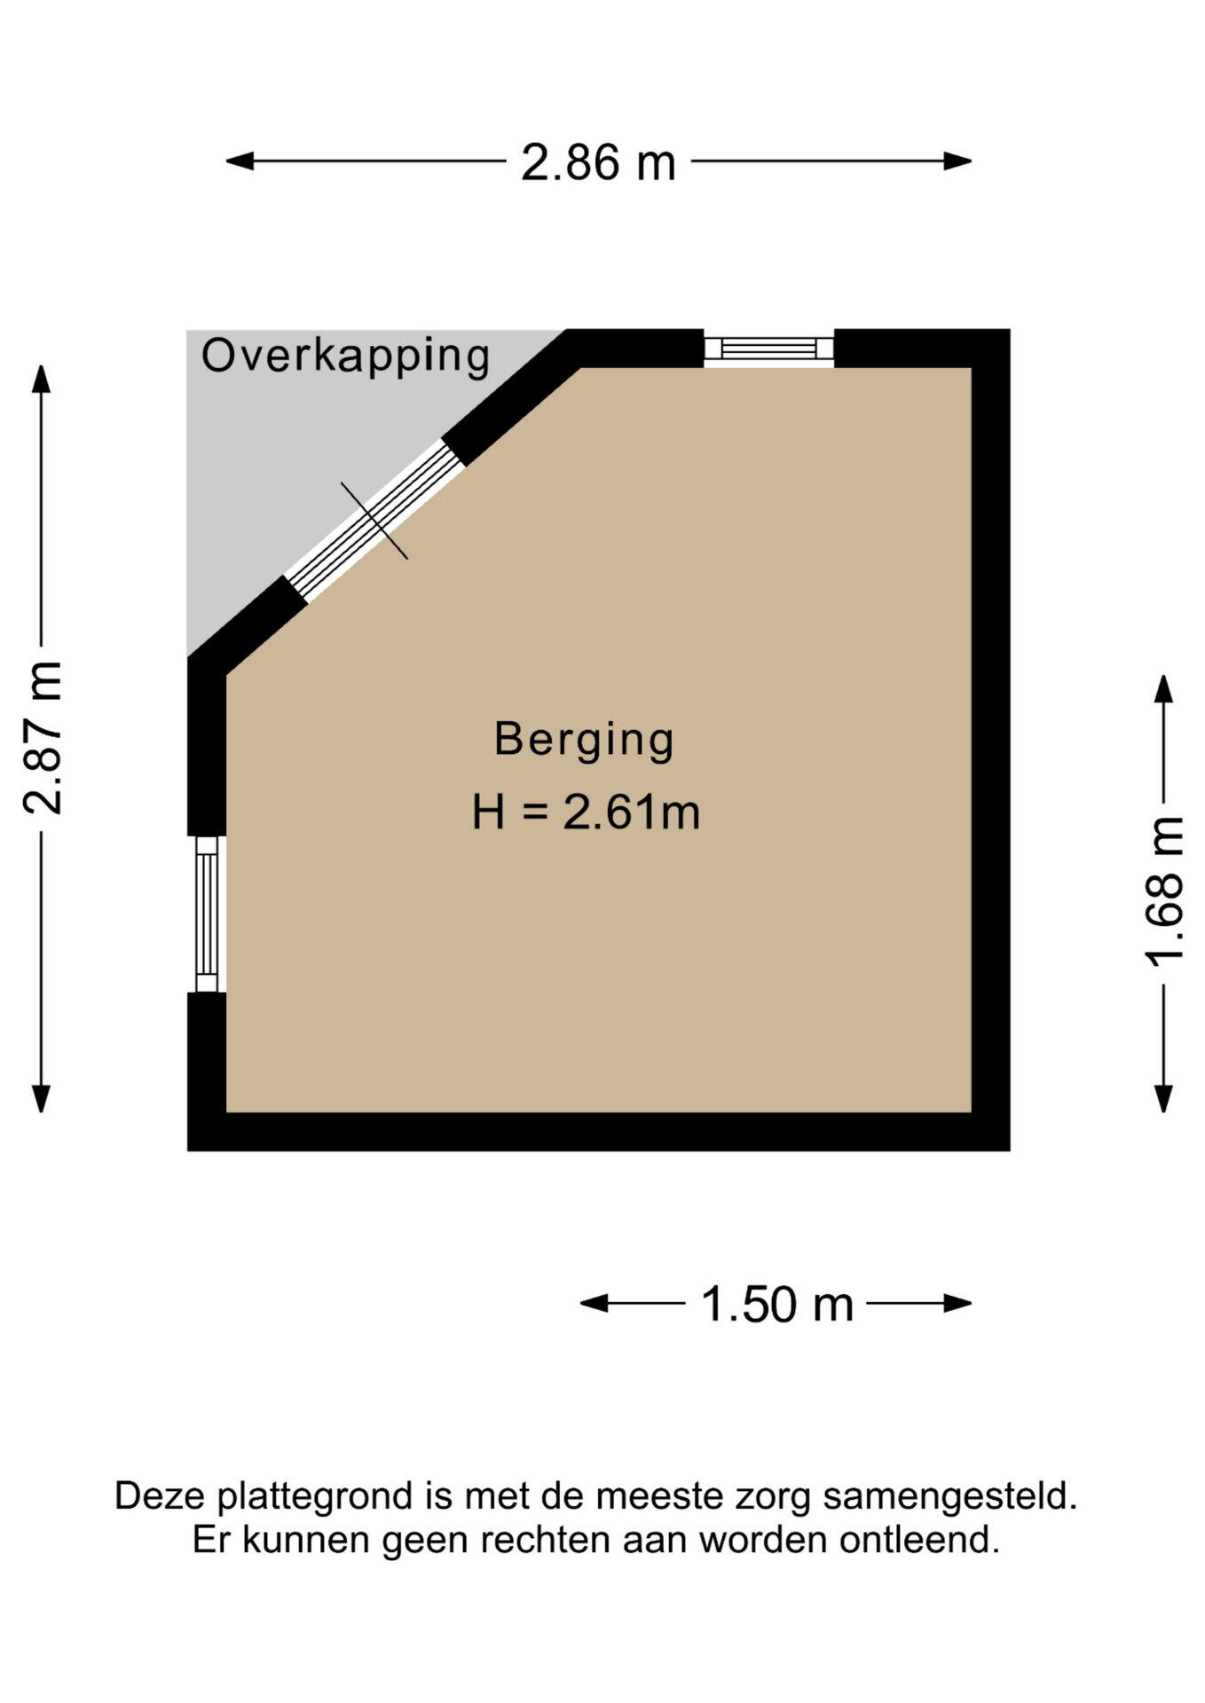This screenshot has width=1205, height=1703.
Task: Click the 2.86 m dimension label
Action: tap(598, 163)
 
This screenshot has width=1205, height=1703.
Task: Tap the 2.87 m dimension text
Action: tap(43, 737)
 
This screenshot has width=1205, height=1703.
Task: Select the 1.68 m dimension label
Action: tap(1164, 891)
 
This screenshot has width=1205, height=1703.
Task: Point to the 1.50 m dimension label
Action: tap(777, 1305)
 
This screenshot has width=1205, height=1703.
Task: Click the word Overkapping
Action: tap(346, 357)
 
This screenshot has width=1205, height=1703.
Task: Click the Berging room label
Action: tap(584, 741)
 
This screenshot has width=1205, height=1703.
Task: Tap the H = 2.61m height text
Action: tap(587, 812)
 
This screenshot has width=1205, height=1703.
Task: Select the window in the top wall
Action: tap(769, 348)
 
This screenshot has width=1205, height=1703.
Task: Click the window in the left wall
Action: tap(207, 914)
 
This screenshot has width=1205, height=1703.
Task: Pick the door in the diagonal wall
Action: tap(374, 521)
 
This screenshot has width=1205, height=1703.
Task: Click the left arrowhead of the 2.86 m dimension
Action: tap(240, 161)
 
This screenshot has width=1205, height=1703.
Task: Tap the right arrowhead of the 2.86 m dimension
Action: tap(958, 161)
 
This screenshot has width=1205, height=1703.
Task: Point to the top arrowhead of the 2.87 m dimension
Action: tap(41, 379)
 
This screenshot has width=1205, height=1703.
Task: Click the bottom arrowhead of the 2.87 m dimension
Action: tap(41, 1098)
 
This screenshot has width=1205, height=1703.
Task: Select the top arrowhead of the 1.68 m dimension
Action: tap(1164, 689)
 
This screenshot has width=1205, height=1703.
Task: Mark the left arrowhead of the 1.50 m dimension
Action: tap(595, 1303)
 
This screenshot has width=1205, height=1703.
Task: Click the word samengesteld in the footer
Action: tap(949, 1497)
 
